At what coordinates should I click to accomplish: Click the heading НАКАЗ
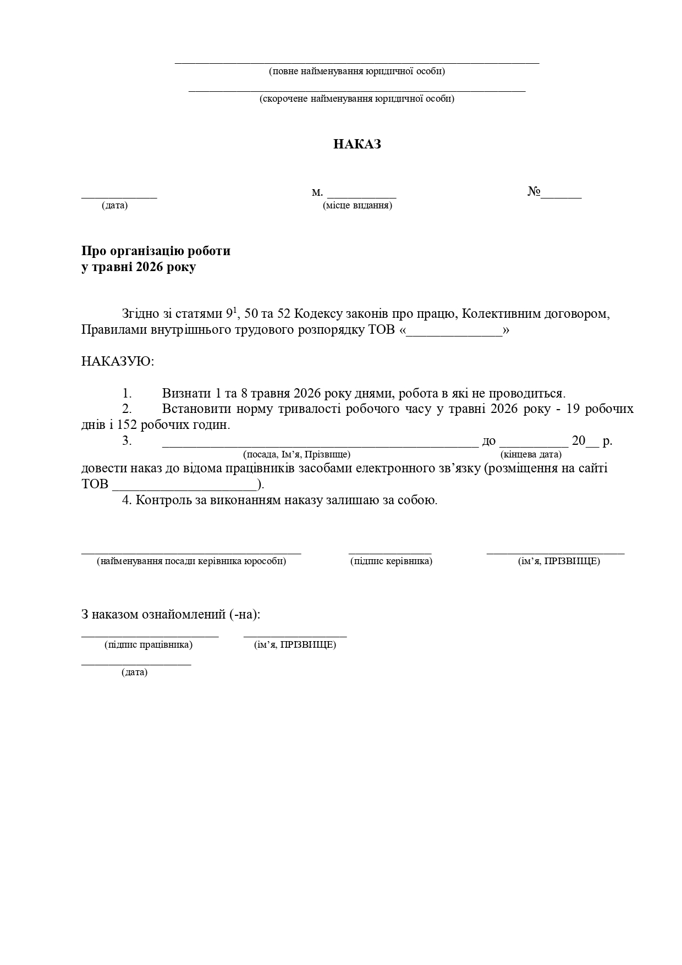pos(357,145)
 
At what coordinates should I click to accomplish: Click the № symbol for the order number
pos(534,191)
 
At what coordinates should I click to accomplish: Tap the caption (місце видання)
pos(358,206)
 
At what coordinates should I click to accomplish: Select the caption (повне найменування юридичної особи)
pos(357,71)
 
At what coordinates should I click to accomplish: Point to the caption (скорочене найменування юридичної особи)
pos(357,99)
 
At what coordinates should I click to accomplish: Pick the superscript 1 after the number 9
pos(234,310)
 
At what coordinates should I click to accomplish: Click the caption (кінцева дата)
pos(531,455)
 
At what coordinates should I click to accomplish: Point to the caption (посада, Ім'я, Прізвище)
pos(296,455)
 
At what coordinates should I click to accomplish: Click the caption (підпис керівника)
pos(391,561)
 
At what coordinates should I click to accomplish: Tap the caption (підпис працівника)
pos(148,645)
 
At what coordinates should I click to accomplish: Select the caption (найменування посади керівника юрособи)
pos(191,561)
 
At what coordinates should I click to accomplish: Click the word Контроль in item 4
pos(163,500)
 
